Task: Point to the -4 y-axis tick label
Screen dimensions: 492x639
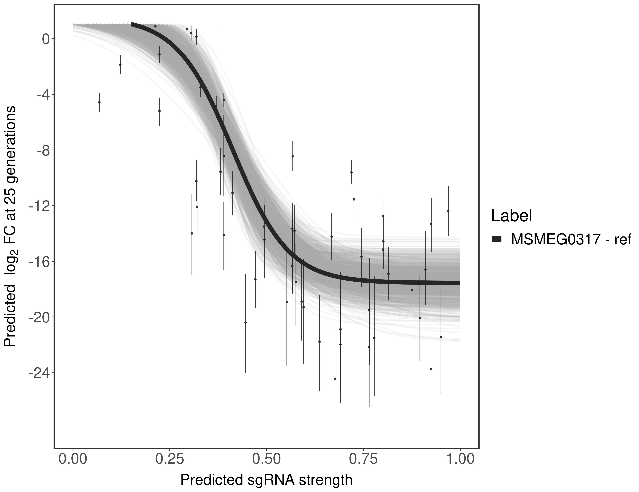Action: (x=42, y=95)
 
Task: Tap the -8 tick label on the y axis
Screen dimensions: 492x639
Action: (x=42, y=150)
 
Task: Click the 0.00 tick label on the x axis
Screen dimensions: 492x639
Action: (x=73, y=459)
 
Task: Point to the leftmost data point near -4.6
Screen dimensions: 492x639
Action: (x=99, y=102)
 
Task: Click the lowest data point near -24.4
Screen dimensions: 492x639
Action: (x=335, y=379)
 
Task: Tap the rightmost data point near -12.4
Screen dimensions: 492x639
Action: (x=448, y=211)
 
